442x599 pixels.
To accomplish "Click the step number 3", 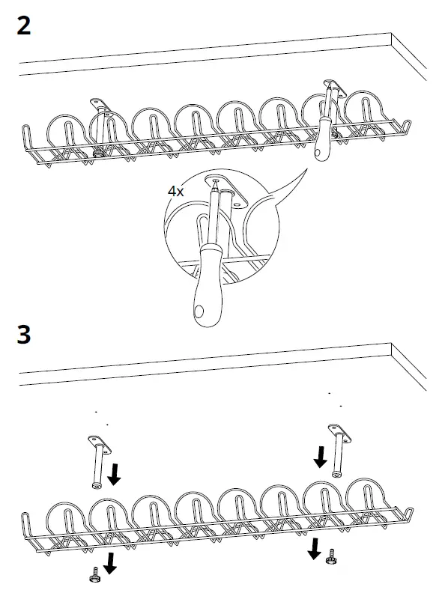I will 24,335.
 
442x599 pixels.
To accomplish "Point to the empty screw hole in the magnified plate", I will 239,201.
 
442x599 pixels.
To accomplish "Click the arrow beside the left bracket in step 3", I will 115,473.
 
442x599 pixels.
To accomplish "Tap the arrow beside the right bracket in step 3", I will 320,455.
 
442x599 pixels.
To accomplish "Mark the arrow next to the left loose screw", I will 110,562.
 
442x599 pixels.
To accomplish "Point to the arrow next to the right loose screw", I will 314,550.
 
